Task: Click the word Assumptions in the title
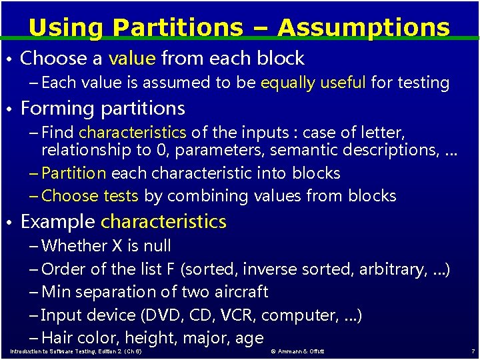pos(363,28)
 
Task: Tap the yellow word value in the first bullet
pos(131,59)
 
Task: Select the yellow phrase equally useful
pos(313,83)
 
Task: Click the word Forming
pos(58,108)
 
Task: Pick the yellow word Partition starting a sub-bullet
pos(73,173)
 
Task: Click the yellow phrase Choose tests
pos(89,196)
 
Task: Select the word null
pos(157,246)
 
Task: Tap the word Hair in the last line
pos(57,338)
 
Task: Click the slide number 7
pos(473,351)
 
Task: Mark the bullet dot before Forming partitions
pos(10,109)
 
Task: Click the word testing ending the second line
pos(425,83)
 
